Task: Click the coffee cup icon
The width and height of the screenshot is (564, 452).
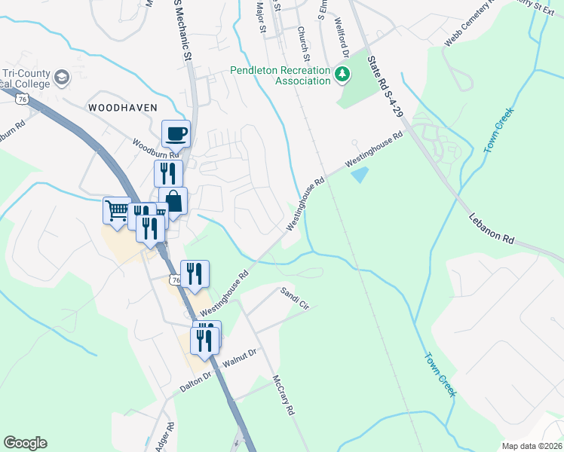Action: (176, 134)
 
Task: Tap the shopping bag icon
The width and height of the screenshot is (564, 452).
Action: (173, 202)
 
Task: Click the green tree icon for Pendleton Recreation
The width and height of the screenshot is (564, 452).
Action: (343, 74)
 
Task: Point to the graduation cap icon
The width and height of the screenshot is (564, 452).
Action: (61, 77)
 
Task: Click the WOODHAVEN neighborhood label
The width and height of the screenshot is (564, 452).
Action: (123, 108)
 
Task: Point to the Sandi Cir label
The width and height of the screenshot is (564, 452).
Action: (295, 298)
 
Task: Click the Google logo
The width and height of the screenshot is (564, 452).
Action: (25, 443)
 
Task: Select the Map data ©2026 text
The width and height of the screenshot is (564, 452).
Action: (532, 445)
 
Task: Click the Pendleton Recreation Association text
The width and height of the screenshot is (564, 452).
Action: (280, 75)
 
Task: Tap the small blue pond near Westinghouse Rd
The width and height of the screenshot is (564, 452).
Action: (360, 175)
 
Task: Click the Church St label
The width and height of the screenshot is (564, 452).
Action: (304, 44)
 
